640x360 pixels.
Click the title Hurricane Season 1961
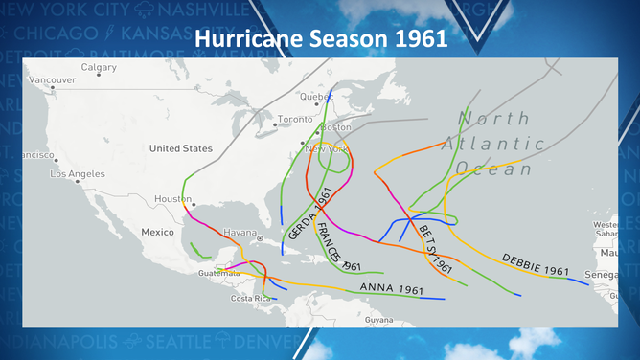(x=321, y=40)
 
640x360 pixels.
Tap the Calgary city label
(x=99, y=67)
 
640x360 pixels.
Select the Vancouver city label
(x=52, y=79)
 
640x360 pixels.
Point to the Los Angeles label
(x=78, y=174)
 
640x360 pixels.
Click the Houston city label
(x=172, y=199)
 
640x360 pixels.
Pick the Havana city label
(x=240, y=233)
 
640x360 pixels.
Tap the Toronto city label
(x=294, y=120)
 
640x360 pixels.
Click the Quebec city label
(x=316, y=97)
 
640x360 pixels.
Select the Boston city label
(x=336, y=127)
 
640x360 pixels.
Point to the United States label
(x=180, y=148)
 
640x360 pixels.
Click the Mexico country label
(x=157, y=232)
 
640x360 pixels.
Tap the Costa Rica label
(x=246, y=298)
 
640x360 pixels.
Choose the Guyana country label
(x=378, y=320)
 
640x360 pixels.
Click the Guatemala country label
(x=219, y=273)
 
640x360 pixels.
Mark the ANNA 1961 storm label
(x=391, y=288)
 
